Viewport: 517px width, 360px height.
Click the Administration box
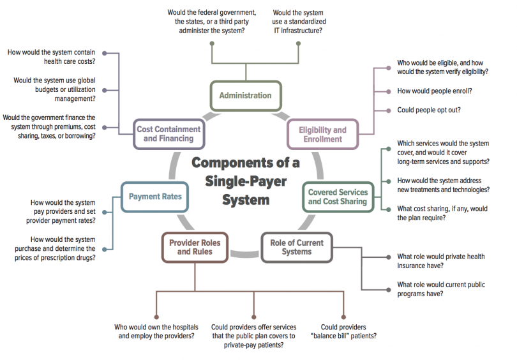point(246,96)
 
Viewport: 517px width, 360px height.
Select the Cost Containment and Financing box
point(169,134)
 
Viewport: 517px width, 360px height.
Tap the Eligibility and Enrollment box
point(323,135)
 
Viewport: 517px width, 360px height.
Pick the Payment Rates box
point(155,197)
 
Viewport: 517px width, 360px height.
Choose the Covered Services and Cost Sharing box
point(338,197)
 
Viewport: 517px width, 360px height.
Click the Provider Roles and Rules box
point(195,247)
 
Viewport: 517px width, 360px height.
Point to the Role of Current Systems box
point(297,247)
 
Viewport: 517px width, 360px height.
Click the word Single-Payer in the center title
point(246,182)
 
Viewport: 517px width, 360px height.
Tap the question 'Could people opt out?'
point(429,110)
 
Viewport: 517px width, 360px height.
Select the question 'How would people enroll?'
point(434,91)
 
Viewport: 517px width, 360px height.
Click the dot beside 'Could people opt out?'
point(389,110)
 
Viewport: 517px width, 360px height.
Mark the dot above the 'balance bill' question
point(343,317)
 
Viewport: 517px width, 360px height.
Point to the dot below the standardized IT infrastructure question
point(299,43)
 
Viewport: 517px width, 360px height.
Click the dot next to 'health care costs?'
point(105,53)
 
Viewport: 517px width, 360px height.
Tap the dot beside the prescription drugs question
point(105,250)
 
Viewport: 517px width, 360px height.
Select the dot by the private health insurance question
point(389,257)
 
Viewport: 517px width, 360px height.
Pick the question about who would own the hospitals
point(156,332)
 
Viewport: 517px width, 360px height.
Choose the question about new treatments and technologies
point(443,185)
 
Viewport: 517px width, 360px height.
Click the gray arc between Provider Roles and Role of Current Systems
point(244,254)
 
